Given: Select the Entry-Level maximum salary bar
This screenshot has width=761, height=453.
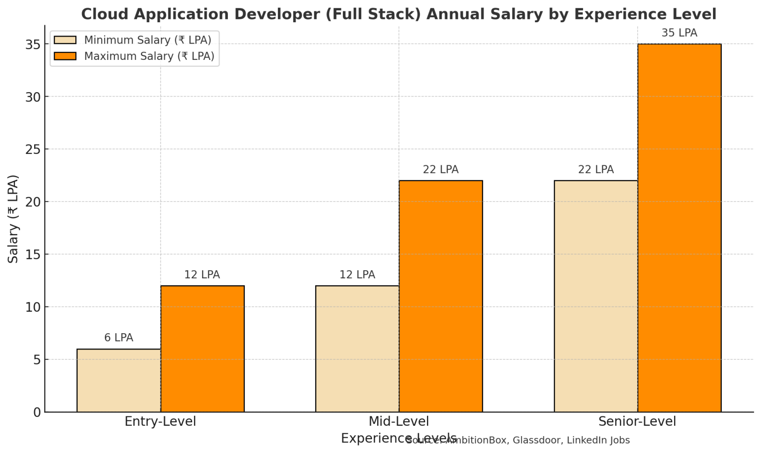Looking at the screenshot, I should coord(202,349).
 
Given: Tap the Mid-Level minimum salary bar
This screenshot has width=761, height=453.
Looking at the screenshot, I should coord(357,349).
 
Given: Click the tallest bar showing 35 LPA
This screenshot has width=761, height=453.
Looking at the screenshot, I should coord(679,228).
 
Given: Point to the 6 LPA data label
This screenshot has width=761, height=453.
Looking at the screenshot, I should coord(118,338).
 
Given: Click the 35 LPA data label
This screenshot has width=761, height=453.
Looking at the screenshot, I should coord(679,33).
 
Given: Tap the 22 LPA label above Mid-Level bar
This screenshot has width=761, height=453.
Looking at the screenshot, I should coord(441,170).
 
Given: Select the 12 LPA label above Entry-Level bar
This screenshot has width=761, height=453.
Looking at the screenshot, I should coord(202,275).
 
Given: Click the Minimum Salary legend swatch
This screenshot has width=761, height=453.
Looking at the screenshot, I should coord(65,40).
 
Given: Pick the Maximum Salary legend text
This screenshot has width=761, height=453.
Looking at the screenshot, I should coord(149,56).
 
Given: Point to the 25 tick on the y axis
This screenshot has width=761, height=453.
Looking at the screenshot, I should coord(33,149).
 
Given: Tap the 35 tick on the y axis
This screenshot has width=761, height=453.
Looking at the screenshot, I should coord(33,45).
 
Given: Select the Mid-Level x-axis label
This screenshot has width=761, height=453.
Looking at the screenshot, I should coord(399,422).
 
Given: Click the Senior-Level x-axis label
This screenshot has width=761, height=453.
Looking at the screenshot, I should coord(637,422).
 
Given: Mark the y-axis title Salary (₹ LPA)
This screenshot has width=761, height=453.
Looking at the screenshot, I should coord(13,219).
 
